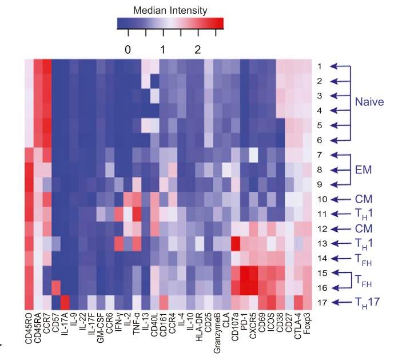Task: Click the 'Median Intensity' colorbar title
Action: pos(170,10)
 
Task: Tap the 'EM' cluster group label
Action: pos(362,169)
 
